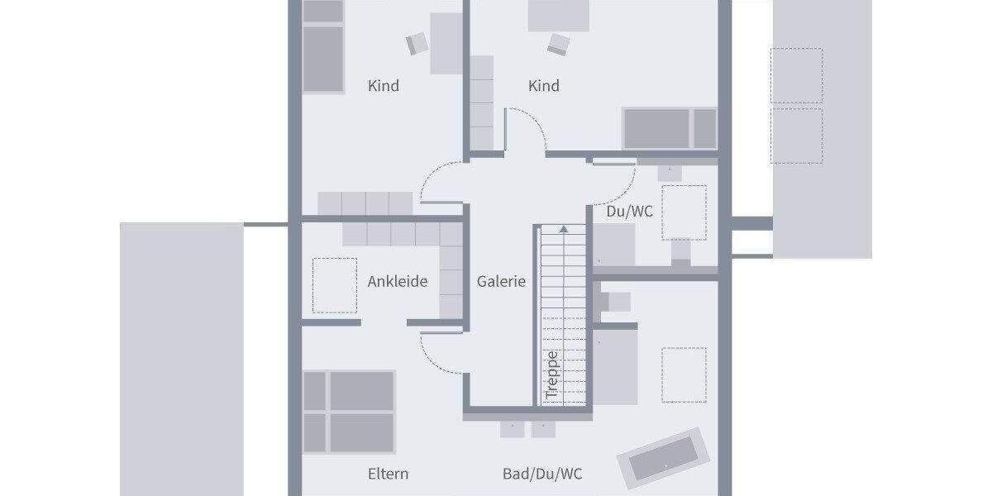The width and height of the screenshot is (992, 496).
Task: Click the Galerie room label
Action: click(x=501, y=282)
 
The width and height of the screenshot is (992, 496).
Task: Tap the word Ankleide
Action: click(x=397, y=282)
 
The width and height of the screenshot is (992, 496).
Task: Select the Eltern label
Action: click(x=388, y=475)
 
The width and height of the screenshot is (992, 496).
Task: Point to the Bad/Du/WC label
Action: click(x=542, y=475)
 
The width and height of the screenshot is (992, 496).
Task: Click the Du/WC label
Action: click(x=629, y=212)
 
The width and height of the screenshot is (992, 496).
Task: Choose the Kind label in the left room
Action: click(x=383, y=86)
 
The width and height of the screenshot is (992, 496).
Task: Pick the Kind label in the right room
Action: click(x=544, y=86)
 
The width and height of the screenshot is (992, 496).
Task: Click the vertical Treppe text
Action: click(x=552, y=375)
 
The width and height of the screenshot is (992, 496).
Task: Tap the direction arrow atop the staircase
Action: click(x=563, y=228)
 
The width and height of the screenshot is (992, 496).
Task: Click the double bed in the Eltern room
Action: click(x=349, y=411)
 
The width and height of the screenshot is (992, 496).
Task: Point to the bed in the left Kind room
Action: click(x=323, y=46)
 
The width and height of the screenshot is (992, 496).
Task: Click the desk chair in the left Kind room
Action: click(x=417, y=43)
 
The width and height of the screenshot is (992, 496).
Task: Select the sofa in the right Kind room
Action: click(x=670, y=128)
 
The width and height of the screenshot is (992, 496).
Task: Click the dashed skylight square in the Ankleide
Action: click(x=335, y=285)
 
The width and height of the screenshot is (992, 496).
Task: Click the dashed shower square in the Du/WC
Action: click(x=684, y=212)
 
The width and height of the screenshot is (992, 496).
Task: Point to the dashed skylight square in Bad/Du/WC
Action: click(x=684, y=374)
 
